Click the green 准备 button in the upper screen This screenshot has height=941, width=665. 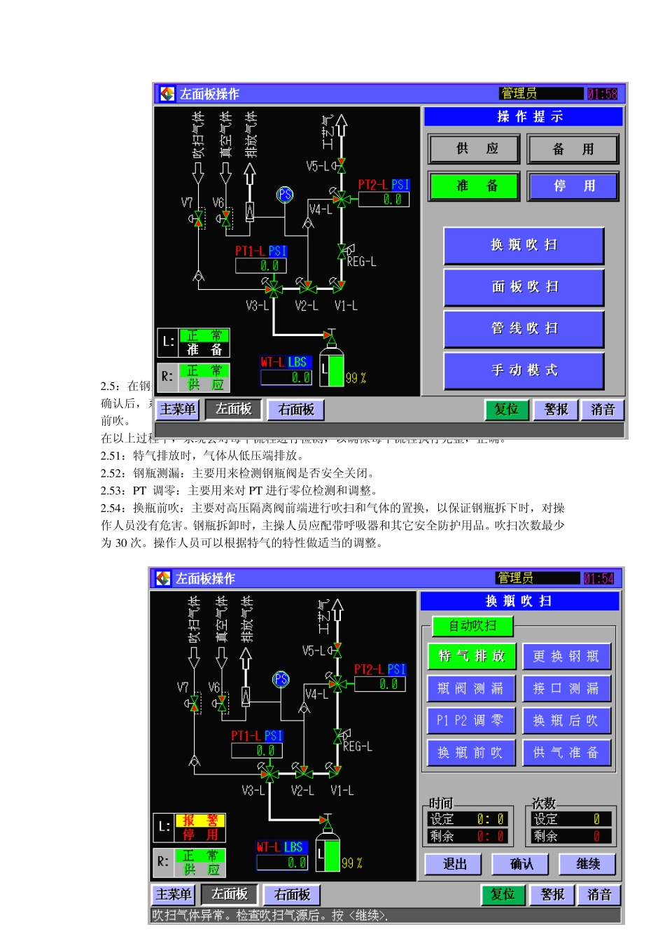coord(474,186)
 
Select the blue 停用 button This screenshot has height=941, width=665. coord(573,186)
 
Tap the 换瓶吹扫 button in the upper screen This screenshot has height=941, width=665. coord(524,245)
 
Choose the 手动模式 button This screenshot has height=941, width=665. coord(524,370)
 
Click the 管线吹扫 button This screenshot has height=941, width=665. coord(524,328)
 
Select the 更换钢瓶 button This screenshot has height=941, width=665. coord(566,657)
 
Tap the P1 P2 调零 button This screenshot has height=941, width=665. coord(470,720)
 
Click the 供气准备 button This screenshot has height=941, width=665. coord(566,753)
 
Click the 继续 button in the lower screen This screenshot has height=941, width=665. coord(588,864)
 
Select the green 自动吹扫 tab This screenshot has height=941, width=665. coord(472,626)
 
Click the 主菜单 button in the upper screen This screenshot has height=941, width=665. coord(178,410)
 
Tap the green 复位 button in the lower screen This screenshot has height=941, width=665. coord(503,895)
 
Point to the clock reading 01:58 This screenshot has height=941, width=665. coord(602,94)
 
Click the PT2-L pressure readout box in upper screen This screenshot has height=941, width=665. coord(384,200)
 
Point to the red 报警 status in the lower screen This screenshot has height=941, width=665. coord(200,821)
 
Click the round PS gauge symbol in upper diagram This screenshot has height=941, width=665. coord(285,195)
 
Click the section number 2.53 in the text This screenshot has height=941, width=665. coord(113,491)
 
